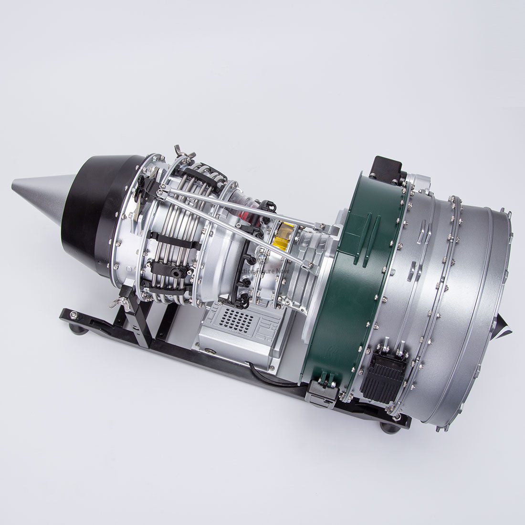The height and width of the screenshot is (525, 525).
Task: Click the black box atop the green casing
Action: click(x=387, y=169)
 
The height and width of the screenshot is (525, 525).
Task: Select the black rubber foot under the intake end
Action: click(x=390, y=426)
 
